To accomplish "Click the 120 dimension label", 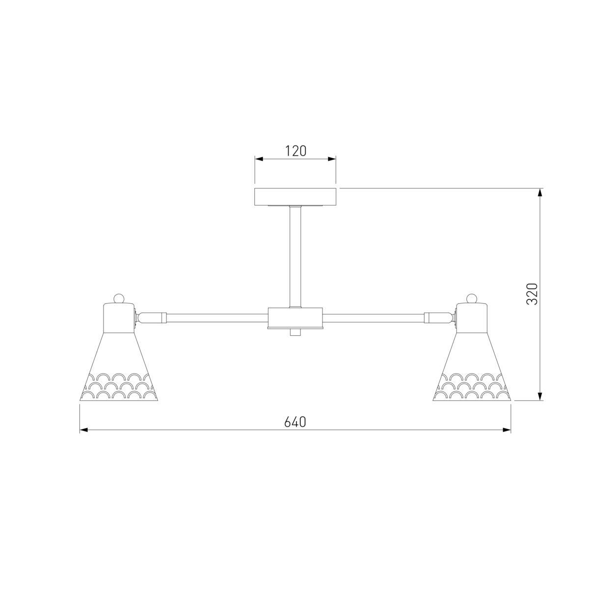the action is [295, 151].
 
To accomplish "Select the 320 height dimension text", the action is [532, 294].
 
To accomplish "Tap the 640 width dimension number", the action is [295, 422].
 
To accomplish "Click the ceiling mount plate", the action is [295, 197].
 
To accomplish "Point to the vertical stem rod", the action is [295, 257].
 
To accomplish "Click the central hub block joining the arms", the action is [295, 318].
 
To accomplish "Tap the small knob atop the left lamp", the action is [119, 298].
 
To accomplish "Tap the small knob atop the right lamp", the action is [472, 298].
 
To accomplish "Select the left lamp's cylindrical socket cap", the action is [119, 318].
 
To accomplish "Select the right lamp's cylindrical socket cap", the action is [472, 318].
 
